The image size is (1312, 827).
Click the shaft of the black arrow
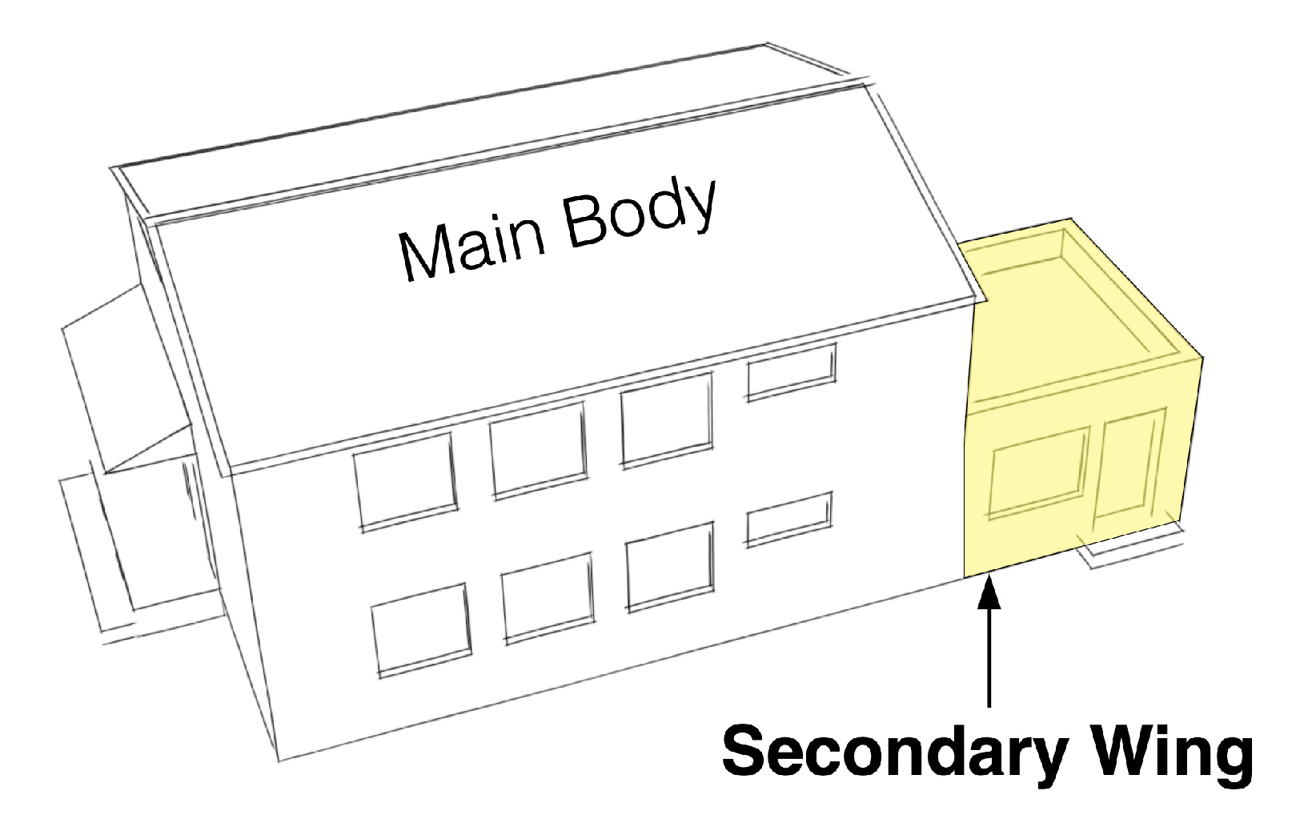coord(990,656)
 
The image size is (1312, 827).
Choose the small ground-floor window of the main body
coord(789,519)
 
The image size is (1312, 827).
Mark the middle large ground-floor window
coord(548,596)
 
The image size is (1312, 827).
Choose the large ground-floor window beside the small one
coord(670,565)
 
